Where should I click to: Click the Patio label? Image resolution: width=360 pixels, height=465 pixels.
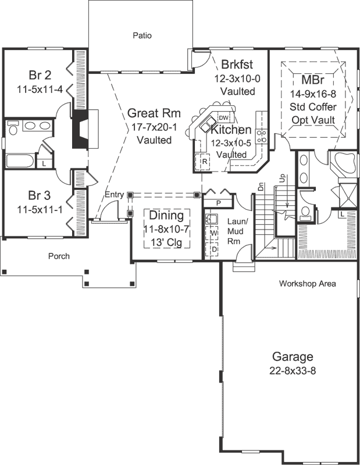(141, 35)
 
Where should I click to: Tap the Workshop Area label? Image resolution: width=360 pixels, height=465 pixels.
(307, 284)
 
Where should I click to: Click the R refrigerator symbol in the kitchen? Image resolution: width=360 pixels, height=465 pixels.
(205, 161)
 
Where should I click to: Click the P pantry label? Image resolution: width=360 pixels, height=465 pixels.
(219, 203)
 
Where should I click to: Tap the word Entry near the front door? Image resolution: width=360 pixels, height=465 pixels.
(115, 195)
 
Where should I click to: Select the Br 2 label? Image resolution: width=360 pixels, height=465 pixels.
(40, 76)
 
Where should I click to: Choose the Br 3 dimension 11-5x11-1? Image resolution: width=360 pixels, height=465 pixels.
(40, 206)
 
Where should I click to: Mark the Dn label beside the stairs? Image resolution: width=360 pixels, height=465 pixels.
(262, 187)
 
